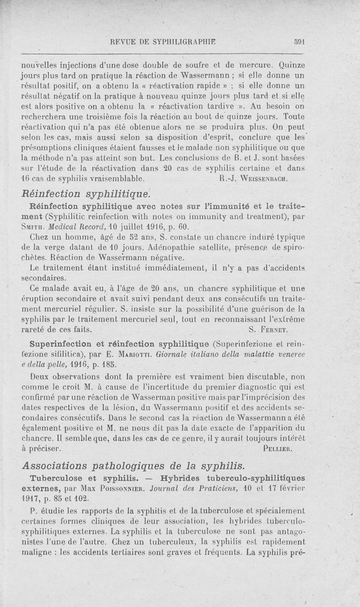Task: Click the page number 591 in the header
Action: pyautogui.click(x=299, y=41)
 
